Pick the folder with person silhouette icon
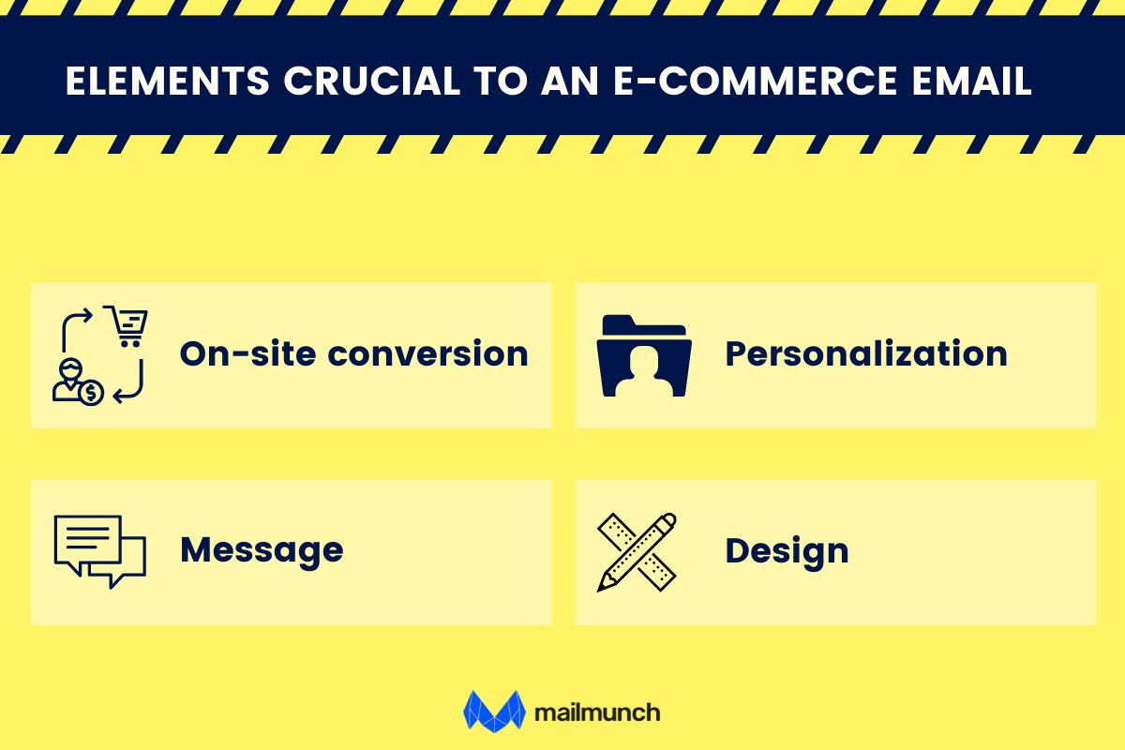point(644,355)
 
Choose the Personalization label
point(866,354)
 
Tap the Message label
point(262,550)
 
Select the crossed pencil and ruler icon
point(637,551)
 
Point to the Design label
point(787,551)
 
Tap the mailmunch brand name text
point(597,712)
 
